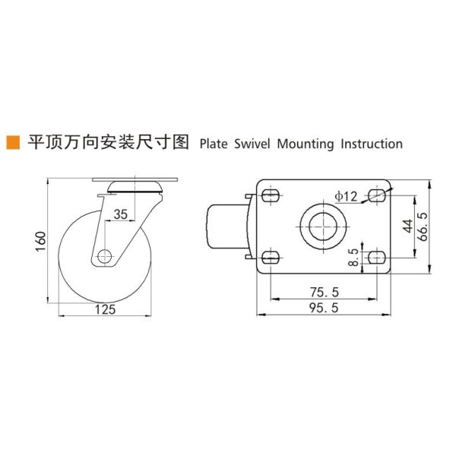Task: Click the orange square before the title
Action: [13, 142]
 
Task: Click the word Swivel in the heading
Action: [252, 143]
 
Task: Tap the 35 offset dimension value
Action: [121, 215]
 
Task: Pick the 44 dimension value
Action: [407, 226]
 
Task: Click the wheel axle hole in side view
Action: [104, 255]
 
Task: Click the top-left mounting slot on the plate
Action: [272, 195]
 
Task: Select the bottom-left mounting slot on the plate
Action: [272, 258]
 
